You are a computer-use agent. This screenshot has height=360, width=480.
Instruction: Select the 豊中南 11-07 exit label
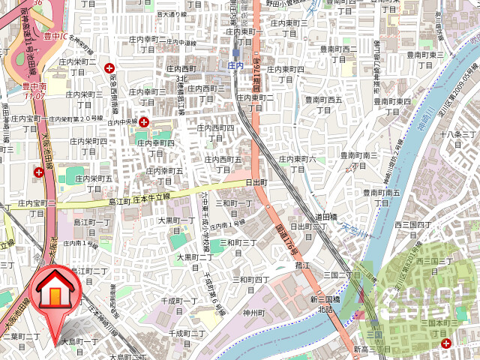coord(34,91)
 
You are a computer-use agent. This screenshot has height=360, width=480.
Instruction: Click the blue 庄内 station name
coord(235,66)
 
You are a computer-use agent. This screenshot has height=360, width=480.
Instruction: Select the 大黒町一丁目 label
coord(176,226)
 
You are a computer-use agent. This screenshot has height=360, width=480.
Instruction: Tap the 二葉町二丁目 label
coord(22,343)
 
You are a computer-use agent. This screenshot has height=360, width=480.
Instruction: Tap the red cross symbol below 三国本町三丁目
coord(447,343)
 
